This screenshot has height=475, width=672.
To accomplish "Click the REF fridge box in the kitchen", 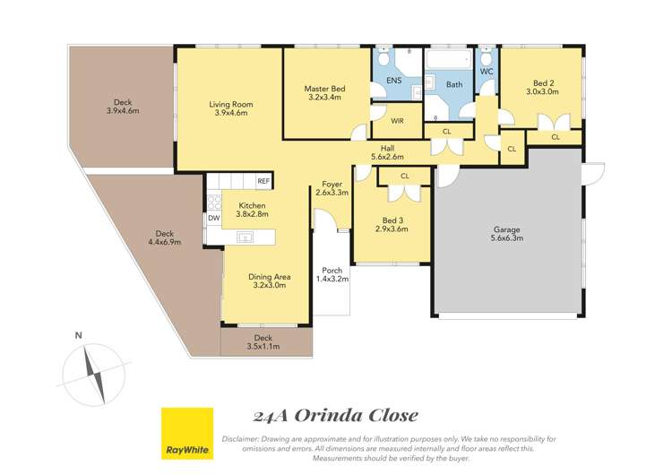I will [263, 181].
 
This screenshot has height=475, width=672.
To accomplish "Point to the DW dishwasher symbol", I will [213, 218].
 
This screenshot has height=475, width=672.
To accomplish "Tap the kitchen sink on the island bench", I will [245, 237].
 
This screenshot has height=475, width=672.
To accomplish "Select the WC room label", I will [487, 70].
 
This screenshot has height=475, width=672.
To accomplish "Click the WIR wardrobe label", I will [396, 120].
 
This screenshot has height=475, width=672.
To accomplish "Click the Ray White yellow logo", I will [186, 433].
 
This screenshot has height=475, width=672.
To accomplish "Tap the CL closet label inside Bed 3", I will [404, 177].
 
